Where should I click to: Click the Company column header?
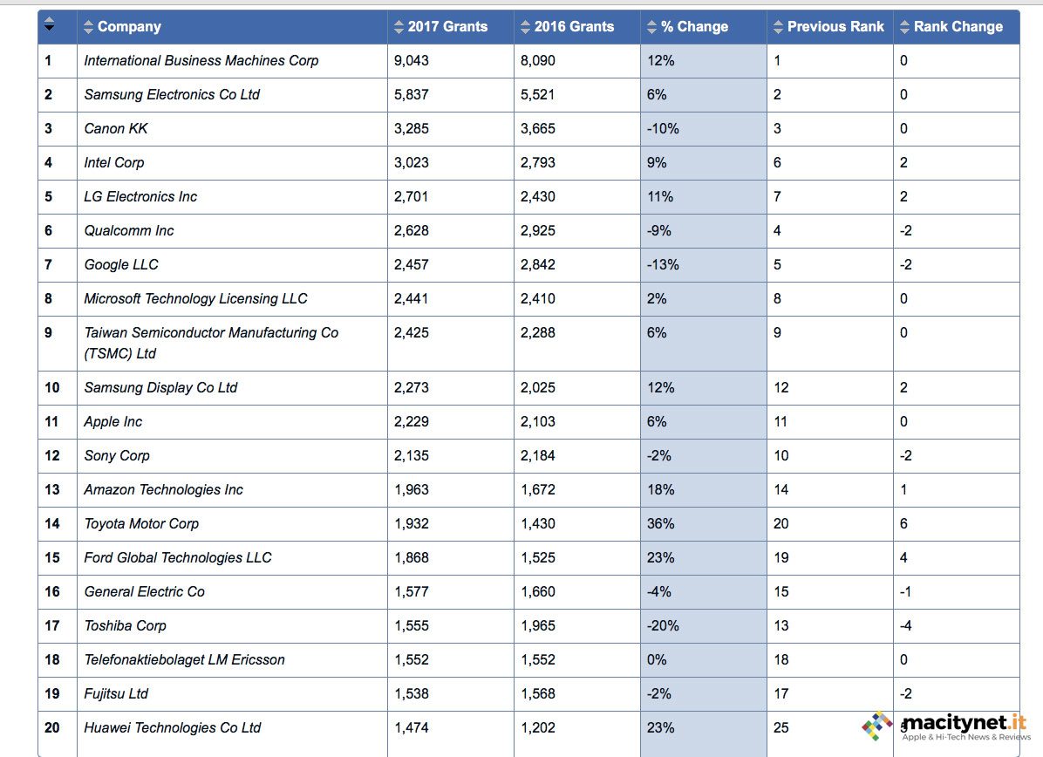pyautogui.click(x=129, y=27)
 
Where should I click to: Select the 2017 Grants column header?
pyautogui.click(x=447, y=27)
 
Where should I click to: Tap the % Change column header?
pyautogui.click(x=693, y=27)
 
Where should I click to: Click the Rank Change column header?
pyautogui.click(x=958, y=27)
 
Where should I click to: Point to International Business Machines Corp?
pyautogui.click(x=201, y=61)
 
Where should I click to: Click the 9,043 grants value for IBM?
pyautogui.click(x=412, y=61)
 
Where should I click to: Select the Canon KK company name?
pyautogui.click(x=116, y=129)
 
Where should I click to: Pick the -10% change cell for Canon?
pyautogui.click(x=663, y=129)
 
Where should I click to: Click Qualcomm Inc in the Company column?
pyautogui.click(x=128, y=231)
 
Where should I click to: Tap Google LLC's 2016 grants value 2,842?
pyautogui.click(x=538, y=265)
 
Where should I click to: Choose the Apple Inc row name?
pyautogui.click(x=112, y=422)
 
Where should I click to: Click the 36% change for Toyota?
pyautogui.click(x=661, y=524)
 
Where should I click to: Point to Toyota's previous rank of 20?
pyautogui.click(x=781, y=524)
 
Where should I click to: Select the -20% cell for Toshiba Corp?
pyautogui.click(x=663, y=626)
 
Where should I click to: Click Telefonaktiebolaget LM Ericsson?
pyautogui.click(x=184, y=660)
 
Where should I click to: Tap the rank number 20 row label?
pyautogui.click(x=52, y=728)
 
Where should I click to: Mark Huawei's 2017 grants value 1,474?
pyautogui.click(x=412, y=728)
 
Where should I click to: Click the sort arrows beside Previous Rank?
pyautogui.click(x=778, y=27)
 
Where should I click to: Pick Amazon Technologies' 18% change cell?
pyautogui.click(x=661, y=490)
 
